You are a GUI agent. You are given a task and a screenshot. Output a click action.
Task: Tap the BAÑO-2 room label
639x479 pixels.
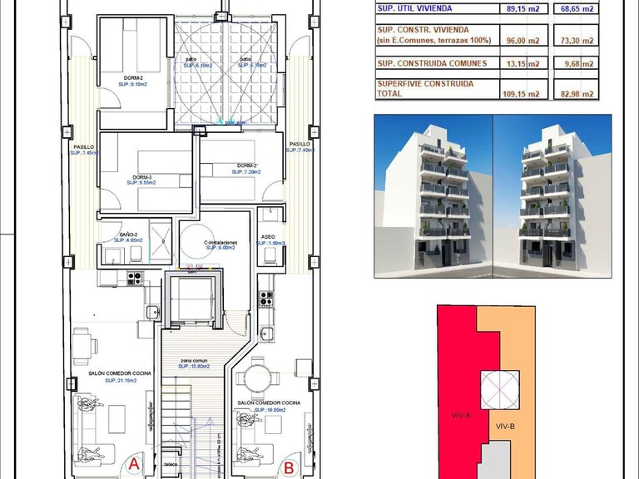(x=128, y=235)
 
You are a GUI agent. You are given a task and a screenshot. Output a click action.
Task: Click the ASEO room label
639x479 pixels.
(x=268, y=236)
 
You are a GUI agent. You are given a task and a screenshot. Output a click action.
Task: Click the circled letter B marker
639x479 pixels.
(x=288, y=467)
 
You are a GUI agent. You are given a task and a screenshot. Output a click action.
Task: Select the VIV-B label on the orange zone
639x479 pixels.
(x=506, y=427)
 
